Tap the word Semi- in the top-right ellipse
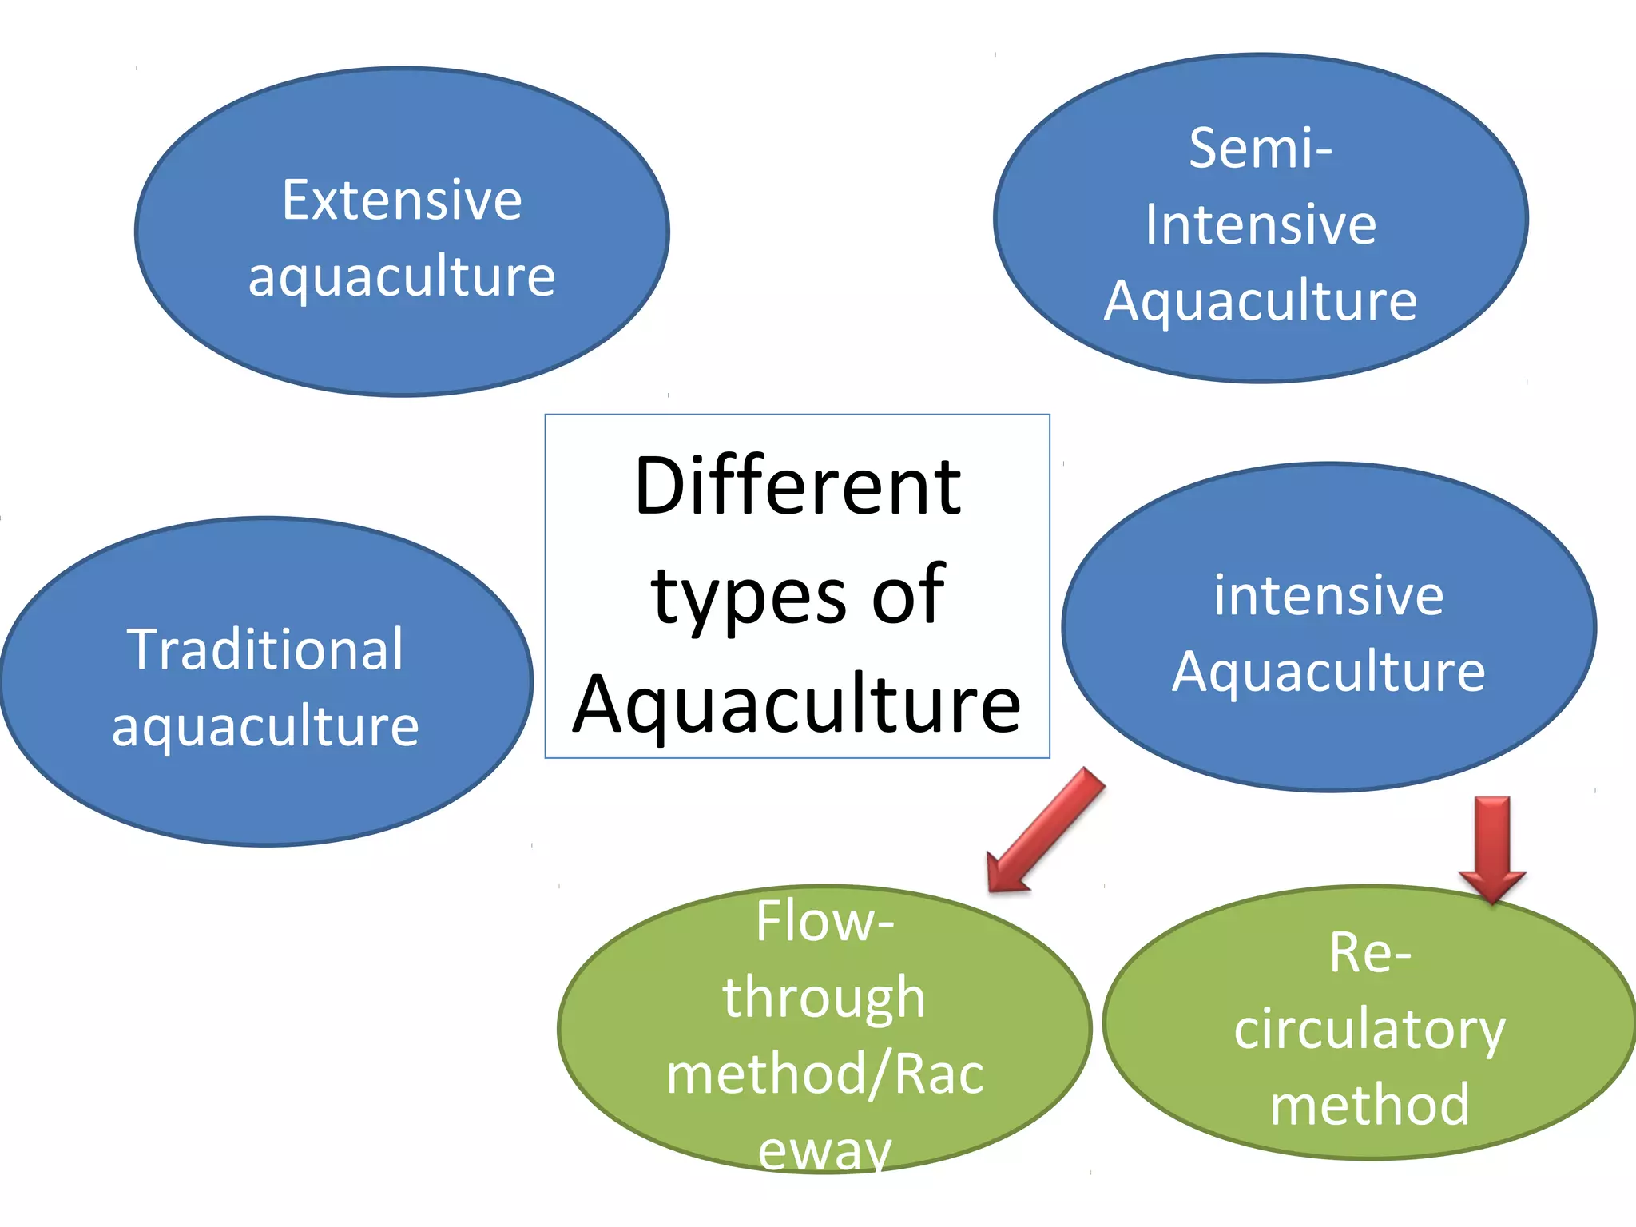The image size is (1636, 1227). pos(1260,149)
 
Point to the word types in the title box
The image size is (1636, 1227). pos(749,598)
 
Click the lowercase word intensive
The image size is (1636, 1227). pos(1328,595)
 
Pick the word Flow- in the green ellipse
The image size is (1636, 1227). pos(824,921)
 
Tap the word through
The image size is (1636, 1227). pos(824,999)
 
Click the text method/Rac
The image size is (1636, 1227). pos(824,1074)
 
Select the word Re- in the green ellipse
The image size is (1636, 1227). pos(1370,952)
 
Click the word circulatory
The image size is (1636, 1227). pos(1370,1029)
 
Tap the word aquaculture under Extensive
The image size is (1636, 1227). pos(402,277)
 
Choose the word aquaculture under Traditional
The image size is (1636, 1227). pos(265,727)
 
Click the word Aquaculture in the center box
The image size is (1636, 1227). pos(797,705)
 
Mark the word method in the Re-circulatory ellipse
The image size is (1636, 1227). pos(1370,1105)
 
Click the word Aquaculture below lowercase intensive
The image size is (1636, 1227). pos(1328,672)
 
